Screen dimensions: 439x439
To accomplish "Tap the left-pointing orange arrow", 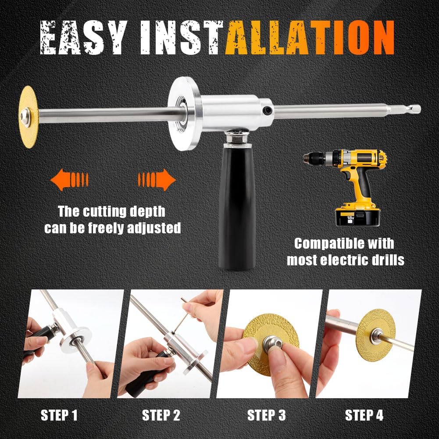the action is click(69, 179).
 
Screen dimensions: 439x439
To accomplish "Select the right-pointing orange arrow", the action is click(157, 179).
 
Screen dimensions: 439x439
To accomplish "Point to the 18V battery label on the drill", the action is click(350, 218).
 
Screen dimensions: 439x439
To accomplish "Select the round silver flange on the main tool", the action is click(184, 114).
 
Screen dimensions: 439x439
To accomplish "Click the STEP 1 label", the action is click(59, 415).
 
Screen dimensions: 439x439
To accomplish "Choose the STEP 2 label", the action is click(161, 415).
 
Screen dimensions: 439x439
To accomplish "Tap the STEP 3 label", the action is click(267, 415).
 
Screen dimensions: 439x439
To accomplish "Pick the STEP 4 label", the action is click(364, 415).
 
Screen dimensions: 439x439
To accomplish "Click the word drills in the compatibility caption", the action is click(386, 260).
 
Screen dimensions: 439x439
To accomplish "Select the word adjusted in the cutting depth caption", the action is click(154, 228).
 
